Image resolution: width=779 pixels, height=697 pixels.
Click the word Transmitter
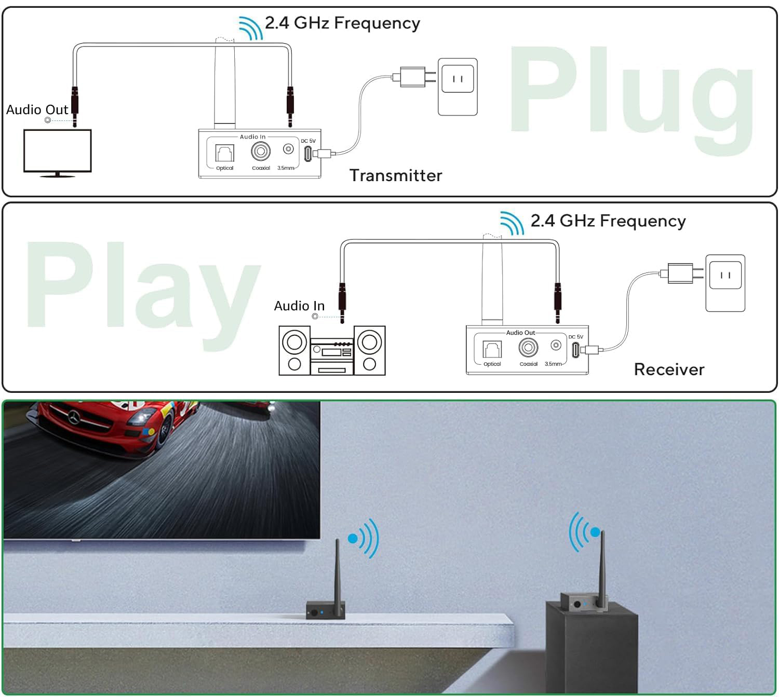(396, 175)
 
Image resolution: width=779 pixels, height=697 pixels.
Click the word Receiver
(669, 370)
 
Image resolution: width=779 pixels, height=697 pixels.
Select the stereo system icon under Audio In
(332, 350)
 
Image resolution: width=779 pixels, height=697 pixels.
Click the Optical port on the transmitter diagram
(225, 153)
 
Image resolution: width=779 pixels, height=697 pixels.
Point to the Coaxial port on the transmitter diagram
(261, 152)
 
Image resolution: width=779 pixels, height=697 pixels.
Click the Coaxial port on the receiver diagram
(528, 347)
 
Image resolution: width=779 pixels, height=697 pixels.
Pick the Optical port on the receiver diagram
(492, 349)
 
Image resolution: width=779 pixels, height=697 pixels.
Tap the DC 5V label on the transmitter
(308, 141)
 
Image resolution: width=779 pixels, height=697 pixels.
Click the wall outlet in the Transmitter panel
(458, 87)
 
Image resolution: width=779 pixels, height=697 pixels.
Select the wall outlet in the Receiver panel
(725, 283)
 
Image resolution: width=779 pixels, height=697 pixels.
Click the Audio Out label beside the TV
(37, 110)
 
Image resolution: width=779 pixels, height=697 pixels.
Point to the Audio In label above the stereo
(299, 306)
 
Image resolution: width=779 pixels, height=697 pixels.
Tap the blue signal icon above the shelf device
(364, 538)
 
